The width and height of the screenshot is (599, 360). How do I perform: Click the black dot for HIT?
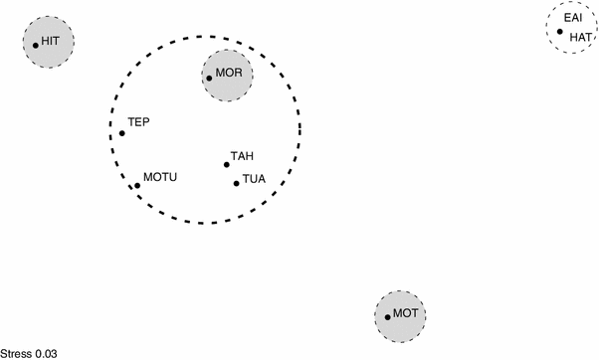(x=36, y=45)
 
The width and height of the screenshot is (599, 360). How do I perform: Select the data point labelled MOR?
(x=209, y=78)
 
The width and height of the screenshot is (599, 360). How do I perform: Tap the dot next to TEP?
(x=122, y=133)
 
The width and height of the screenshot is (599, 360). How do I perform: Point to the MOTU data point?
(x=137, y=185)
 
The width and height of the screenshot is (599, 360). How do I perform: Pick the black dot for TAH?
(x=227, y=165)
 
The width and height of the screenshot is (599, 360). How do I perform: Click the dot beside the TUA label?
(x=236, y=183)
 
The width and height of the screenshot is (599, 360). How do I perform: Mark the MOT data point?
(x=388, y=317)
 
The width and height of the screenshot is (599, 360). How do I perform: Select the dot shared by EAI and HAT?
(x=560, y=32)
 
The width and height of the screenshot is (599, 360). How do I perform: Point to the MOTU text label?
(x=160, y=177)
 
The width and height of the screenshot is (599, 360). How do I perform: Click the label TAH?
(x=242, y=156)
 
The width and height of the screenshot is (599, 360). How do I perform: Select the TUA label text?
(x=254, y=180)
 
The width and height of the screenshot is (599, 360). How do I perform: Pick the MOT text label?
(x=406, y=313)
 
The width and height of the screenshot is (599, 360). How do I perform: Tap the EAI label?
(x=573, y=18)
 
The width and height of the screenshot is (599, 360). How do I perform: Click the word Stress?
(x=17, y=352)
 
